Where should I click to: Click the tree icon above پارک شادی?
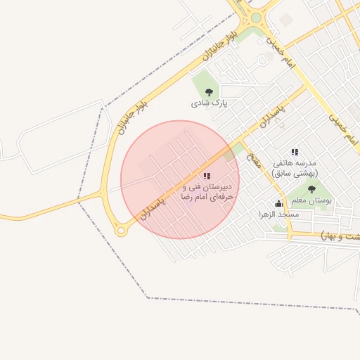208,91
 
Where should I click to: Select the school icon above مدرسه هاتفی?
295,152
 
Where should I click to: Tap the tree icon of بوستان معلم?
311,189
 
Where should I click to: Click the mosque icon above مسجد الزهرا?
278,204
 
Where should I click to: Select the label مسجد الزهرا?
278,214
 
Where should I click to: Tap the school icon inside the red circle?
206,176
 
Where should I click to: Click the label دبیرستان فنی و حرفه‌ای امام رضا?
206,193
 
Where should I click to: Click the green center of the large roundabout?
256,18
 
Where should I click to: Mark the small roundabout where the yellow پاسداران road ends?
121,231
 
